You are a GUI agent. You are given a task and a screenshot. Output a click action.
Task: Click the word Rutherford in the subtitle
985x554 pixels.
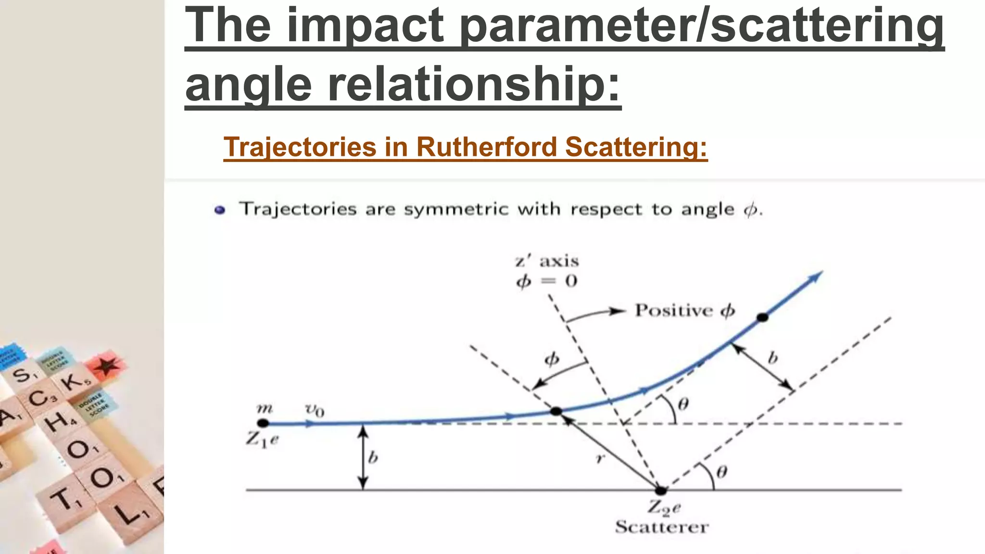click(486, 147)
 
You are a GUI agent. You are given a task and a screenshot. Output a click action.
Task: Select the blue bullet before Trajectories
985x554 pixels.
click(220, 210)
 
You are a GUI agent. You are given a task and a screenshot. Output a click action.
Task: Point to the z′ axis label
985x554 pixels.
click(547, 262)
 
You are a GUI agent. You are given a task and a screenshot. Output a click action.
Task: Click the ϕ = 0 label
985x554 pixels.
click(547, 281)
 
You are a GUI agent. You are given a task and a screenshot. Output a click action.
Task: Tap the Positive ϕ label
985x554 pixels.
click(685, 311)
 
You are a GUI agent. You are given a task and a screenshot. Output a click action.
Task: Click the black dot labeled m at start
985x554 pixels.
click(263, 423)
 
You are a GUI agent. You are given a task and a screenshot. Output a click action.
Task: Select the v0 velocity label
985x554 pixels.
click(315, 410)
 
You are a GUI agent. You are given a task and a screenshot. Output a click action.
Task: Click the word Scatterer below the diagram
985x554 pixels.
click(662, 527)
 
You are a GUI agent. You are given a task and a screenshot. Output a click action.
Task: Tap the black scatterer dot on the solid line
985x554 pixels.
click(661, 491)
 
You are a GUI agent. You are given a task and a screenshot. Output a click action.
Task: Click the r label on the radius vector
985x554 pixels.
click(599, 459)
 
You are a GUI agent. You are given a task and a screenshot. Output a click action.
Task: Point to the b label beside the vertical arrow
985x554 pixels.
click(373, 457)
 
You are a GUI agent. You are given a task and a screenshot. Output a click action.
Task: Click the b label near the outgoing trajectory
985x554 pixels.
click(772, 358)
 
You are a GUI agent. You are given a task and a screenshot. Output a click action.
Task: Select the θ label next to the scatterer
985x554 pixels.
click(721, 472)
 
